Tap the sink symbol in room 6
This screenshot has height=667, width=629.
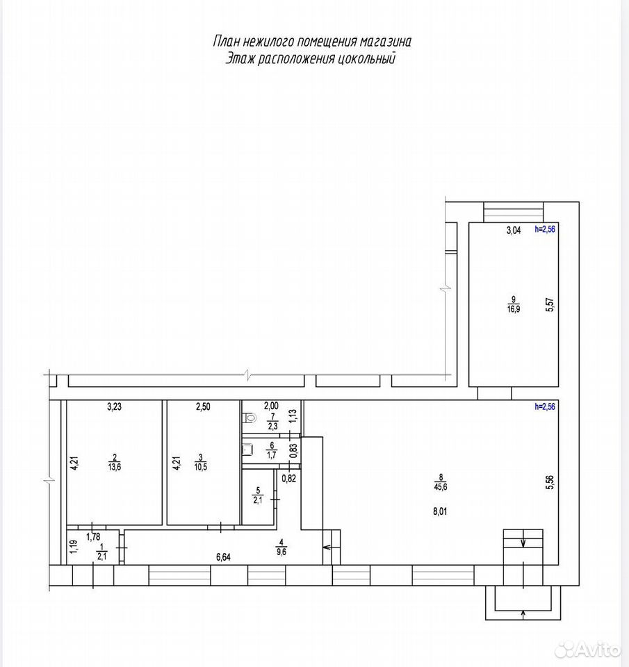coord(247,450)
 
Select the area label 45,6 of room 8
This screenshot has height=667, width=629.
coord(441,487)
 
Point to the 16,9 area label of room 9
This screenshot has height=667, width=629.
coord(514,309)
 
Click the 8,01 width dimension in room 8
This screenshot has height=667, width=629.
coord(440,511)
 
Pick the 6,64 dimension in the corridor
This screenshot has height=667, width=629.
coord(223,557)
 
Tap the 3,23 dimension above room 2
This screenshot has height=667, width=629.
coord(114,406)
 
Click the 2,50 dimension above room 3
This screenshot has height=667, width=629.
coord(203,406)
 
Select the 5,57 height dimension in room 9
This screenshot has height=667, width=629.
coord(550,305)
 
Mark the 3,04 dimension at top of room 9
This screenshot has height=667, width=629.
coord(514,231)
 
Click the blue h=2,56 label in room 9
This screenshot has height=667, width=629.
coord(545,229)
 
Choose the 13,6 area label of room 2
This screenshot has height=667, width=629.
coord(115,467)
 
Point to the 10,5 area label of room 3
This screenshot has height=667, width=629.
coord(200,467)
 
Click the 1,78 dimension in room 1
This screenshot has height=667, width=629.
coord(93,537)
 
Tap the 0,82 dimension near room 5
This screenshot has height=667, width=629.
coord(289,479)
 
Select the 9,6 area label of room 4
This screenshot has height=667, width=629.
coord(281,552)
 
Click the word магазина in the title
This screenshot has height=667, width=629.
coord(386,42)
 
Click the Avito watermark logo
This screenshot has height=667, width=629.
coord(588,649)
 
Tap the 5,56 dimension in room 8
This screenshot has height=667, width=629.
coord(550,482)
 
